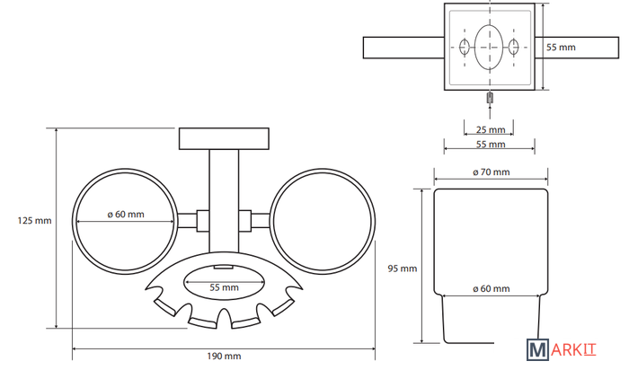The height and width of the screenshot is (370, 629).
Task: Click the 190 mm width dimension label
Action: (x=224, y=357)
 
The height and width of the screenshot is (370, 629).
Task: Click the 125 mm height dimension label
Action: (x=35, y=219)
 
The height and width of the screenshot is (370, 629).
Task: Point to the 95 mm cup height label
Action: (x=401, y=268)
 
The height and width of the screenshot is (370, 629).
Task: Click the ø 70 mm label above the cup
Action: (x=491, y=172)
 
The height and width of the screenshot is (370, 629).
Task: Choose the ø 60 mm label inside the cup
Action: (x=491, y=288)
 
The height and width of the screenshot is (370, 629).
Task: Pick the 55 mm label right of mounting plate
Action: (x=561, y=47)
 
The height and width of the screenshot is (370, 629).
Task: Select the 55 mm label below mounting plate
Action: (x=491, y=144)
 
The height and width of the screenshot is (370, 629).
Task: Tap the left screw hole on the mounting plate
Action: (x=465, y=47)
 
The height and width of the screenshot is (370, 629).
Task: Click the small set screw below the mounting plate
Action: (x=491, y=97)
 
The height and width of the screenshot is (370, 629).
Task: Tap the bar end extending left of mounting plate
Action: (x=395, y=47)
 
